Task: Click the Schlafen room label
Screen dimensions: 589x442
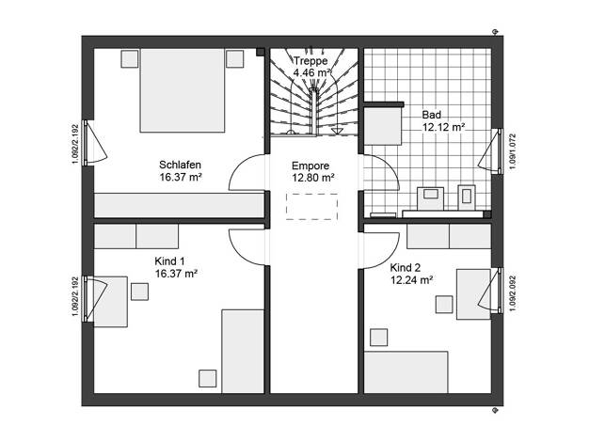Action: point(180,165)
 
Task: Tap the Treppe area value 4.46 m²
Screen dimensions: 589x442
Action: point(311,72)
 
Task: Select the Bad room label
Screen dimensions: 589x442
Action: point(432,115)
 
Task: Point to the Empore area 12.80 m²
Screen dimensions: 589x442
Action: point(313,178)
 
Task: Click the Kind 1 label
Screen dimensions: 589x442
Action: point(169,261)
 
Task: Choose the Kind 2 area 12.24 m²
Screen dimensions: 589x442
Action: point(412,280)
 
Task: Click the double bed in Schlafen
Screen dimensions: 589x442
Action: point(183,90)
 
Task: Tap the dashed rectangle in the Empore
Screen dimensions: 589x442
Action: point(311,207)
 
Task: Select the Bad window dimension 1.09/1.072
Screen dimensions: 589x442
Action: point(513,151)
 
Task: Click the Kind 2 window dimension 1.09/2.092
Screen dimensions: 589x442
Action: point(513,293)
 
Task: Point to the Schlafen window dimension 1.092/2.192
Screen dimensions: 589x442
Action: point(75,144)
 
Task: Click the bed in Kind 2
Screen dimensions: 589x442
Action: point(406,372)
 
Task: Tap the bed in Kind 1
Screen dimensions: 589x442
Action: point(243,351)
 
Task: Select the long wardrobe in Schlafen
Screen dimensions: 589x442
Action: point(179,205)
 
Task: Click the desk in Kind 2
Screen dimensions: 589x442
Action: point(473,294)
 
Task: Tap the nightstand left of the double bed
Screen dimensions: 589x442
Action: point(130,58)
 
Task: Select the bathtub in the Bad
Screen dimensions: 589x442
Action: point(382,127)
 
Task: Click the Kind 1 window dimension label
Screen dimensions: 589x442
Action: point(75,296)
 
